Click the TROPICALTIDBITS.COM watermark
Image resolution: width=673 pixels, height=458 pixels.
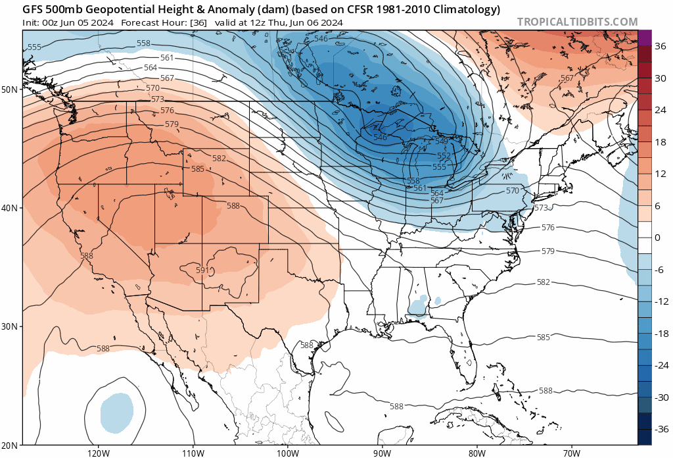click(x=577, y=22)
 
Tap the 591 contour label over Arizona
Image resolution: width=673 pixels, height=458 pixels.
click(x=202, y=270)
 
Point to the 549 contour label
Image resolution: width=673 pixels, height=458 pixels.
click(x=442, y=141)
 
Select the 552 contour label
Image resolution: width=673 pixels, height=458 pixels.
click(x=444, y=155)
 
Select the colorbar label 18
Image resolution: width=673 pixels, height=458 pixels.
click(x=660, y=142)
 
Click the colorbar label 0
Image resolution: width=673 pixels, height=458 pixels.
click(x=657, y=238)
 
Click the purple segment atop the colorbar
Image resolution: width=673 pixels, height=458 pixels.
click(x=645, y=38)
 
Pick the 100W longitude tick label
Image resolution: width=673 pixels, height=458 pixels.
click(x=287, y=453)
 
